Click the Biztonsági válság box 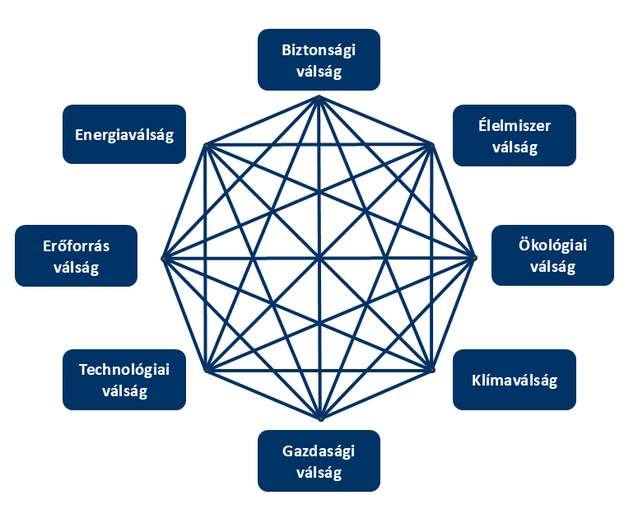(319, 59)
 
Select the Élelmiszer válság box (515, 136)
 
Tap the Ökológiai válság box (552, 255)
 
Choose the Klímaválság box (515, 380)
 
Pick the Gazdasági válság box (319, 460)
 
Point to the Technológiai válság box (124, 380)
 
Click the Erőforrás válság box (77, 255)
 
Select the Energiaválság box (124, 134)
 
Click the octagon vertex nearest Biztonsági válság (319, 97)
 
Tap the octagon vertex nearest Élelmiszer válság (431, 145)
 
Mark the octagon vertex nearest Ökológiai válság (476, 259)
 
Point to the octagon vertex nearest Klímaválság (431, 371)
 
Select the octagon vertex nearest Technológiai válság (206, 371)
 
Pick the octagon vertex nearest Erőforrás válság (163, 259)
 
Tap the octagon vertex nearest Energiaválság (206, 145)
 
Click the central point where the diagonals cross (319, 259)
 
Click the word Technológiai (124, 370)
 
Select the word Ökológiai (553, 245)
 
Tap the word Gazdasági (319, 451)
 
